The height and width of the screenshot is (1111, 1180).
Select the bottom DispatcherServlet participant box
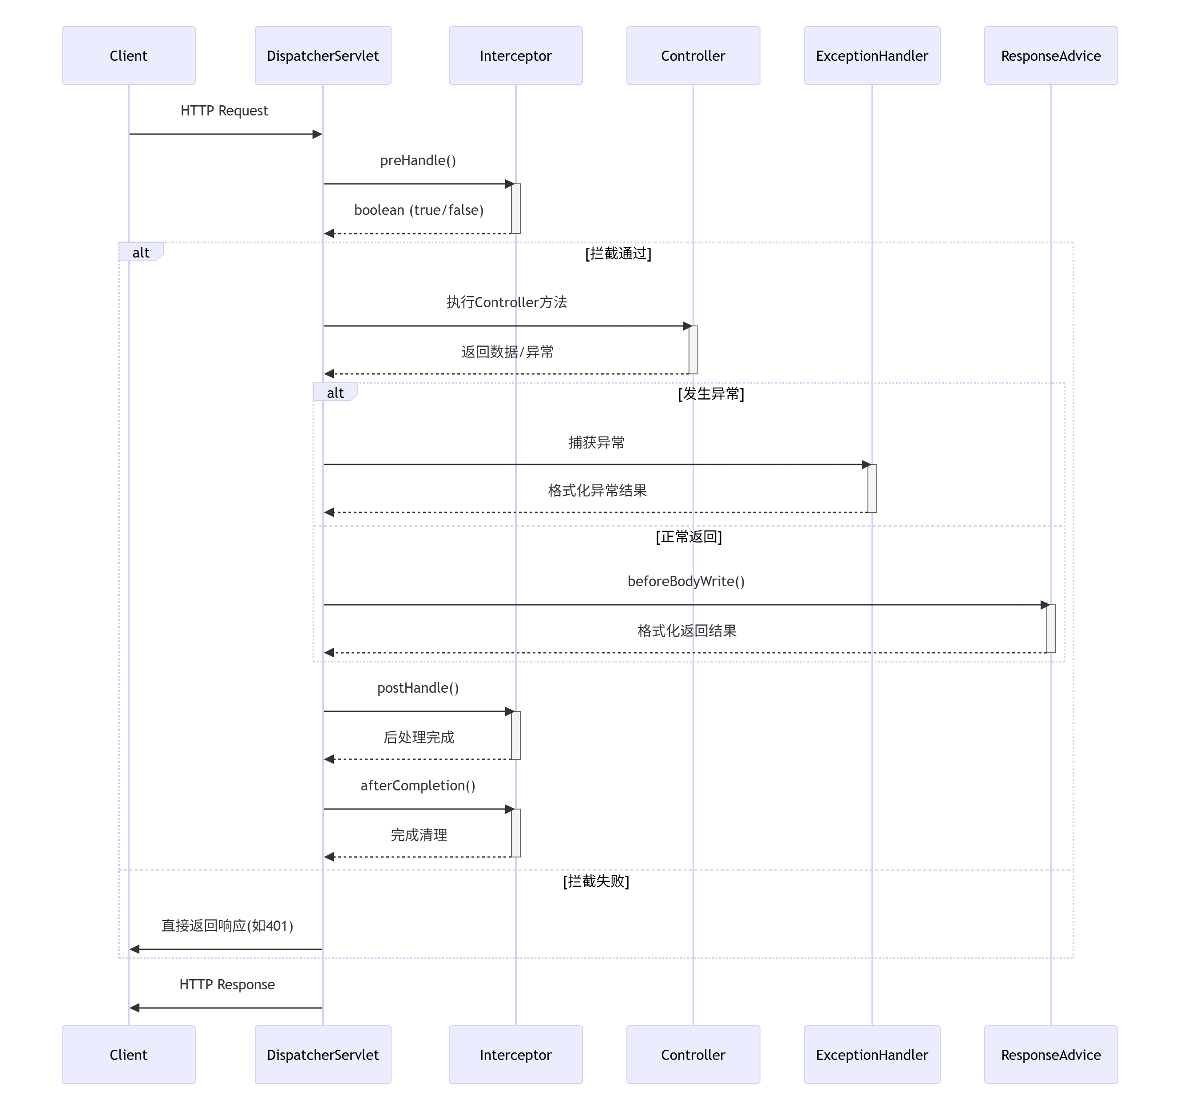pos(322,1055)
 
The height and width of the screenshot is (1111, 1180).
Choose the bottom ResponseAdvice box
pos(1051,1055)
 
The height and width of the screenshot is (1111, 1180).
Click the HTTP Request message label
pos(224,111)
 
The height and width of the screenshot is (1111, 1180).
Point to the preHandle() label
pos(418,160)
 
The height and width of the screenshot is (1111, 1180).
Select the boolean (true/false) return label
pos(419,210)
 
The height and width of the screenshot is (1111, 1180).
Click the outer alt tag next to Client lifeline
pos(140,252)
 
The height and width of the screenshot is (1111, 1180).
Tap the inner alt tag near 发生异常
pos(335,393)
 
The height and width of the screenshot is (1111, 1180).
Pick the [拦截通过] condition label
pos(618,254)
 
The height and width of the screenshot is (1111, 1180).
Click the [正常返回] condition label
pos(689,537)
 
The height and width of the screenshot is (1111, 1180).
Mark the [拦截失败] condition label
pos(595,881)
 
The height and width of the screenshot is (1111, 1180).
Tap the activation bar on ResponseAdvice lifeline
pos(1051,629)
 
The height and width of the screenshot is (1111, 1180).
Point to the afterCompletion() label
pos(418,786)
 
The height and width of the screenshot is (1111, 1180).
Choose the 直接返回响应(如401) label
pos(227,926)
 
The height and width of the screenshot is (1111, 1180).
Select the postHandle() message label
pos(418,688)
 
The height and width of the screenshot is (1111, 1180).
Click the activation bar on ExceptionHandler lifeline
pos(871,488)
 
